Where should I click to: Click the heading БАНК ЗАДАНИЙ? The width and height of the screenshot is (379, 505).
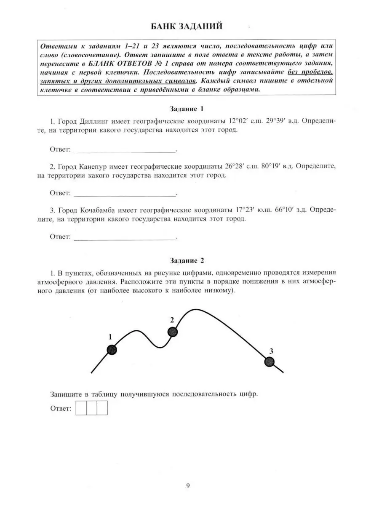point(187,27)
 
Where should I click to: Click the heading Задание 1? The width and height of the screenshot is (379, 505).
point(187,109)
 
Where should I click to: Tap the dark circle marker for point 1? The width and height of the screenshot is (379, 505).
point(111,349)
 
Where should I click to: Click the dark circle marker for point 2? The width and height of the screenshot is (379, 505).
point(173,332)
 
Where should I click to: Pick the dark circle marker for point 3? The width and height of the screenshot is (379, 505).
point(269,361)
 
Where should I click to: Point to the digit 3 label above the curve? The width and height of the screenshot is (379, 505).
point(271,351)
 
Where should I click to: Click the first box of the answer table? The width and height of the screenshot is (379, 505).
point(81,408)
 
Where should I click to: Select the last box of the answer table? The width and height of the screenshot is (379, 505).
point(102,408)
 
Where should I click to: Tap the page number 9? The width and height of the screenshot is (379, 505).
point(188,486)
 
